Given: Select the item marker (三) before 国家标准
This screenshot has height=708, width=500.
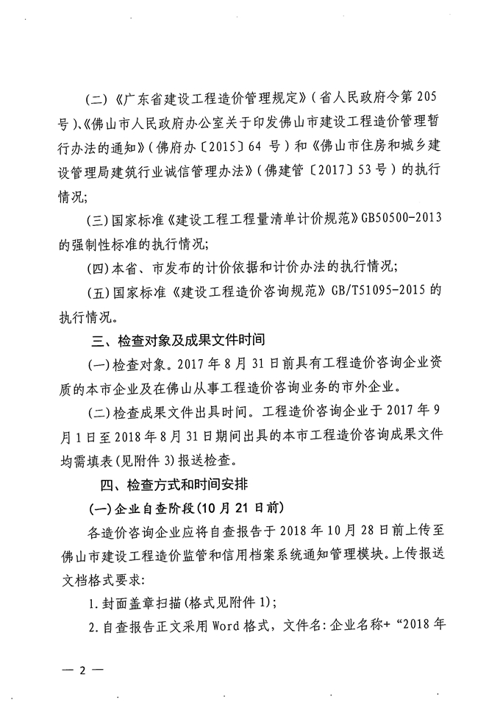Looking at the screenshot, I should [x=99, y=219].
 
